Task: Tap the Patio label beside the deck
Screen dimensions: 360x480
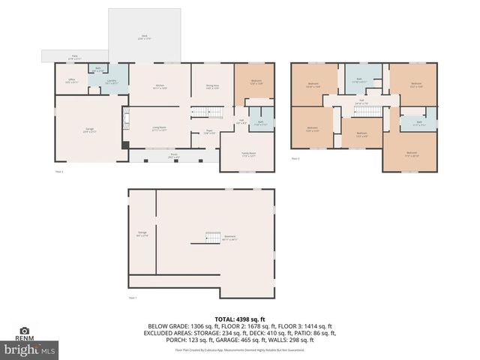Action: (75, 56)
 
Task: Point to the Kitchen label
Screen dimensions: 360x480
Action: (160, 87)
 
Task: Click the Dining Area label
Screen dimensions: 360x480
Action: (212, 87)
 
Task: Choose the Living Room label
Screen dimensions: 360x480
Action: (159, 128)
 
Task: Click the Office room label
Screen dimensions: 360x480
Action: (72, 80)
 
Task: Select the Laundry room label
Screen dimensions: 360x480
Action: (110, 82)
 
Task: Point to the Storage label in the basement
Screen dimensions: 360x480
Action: (142, 233)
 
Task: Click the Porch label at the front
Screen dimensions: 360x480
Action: (173, 155)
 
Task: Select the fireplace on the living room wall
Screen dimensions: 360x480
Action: (126, 145)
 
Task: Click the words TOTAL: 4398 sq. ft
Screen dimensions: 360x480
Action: (240, 319)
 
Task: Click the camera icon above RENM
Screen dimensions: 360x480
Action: (25, 330)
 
